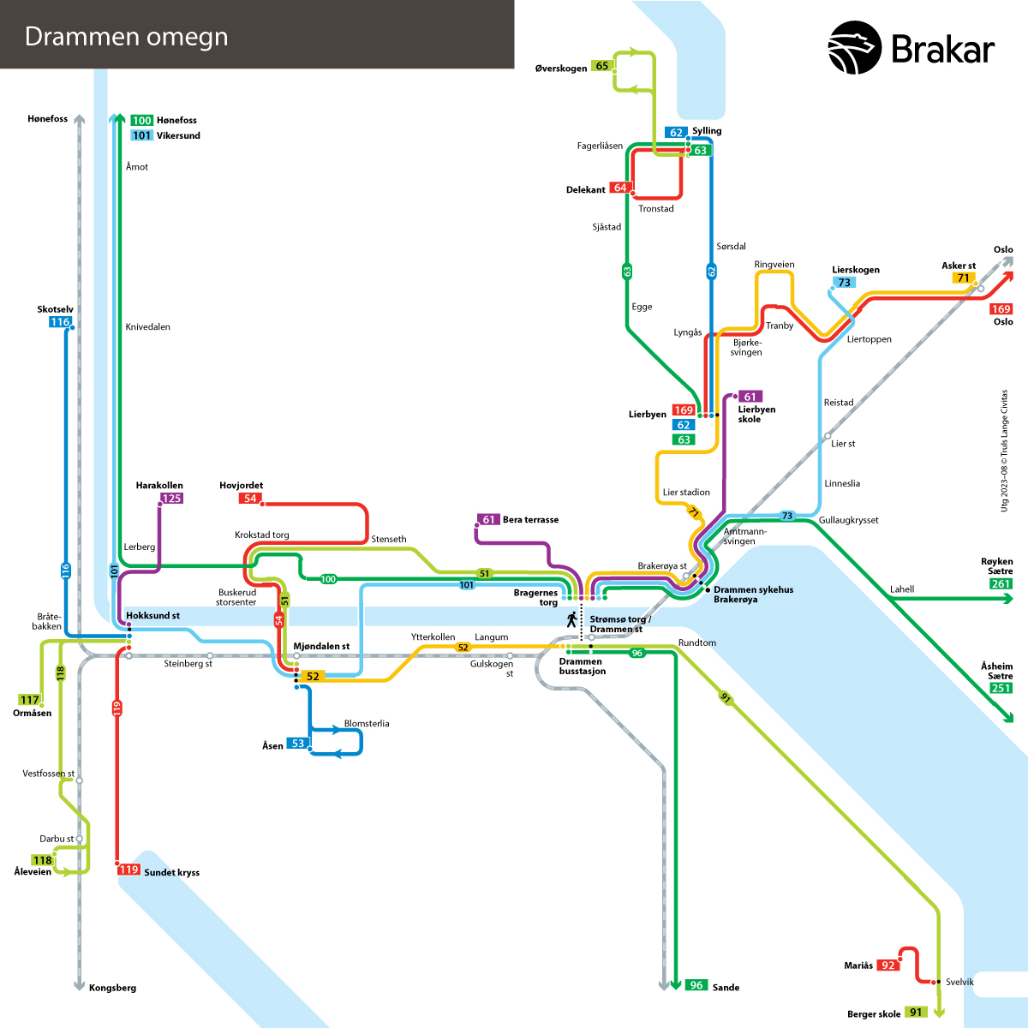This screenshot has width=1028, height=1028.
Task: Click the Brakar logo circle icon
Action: pos(854,47)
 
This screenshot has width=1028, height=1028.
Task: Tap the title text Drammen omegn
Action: pos(127,37)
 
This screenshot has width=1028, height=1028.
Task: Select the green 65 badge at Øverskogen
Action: pos(601,66)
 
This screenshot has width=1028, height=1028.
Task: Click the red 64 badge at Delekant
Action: pos(620,188)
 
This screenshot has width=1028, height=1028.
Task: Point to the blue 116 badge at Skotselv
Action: pos(60,322)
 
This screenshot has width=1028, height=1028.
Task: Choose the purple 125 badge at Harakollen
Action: pos(172,499)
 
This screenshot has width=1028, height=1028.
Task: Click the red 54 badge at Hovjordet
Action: pos(250,499)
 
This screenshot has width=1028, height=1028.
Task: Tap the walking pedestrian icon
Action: pos(572,620)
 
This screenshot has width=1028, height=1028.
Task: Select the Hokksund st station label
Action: pos(152,616)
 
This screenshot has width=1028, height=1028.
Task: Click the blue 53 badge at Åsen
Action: pos(297,744)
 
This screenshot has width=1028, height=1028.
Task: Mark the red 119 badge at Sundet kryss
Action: pos(128,870)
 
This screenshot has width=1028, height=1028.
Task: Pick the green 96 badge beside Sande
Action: pos(696,985)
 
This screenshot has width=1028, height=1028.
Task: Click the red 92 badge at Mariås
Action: pos(888,965)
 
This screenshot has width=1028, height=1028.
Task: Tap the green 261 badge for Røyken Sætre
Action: pos(1001,584)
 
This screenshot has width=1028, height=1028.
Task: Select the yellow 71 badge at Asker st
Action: pos(963,278)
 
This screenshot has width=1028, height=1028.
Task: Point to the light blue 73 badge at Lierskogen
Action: pos(844,282)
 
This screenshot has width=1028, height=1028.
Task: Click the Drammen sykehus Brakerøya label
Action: pos(753,595)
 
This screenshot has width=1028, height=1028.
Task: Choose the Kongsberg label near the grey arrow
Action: pos(112,988)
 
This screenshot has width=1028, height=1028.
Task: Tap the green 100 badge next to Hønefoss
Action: pos(142,121)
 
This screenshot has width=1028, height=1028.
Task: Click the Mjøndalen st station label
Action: pos(321,647)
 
